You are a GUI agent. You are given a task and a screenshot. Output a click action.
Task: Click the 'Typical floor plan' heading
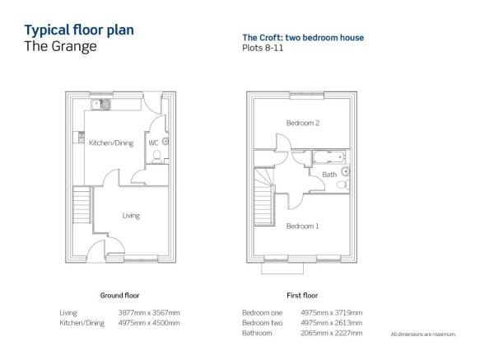79,30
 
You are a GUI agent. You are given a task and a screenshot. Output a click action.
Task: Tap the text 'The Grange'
61,47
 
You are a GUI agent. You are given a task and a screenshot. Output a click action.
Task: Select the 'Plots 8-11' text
263,48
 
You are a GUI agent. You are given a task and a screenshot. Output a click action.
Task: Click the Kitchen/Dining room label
111,143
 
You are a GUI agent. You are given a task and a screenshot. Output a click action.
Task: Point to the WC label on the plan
153,143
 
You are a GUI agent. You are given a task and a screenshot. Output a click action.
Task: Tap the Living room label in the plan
131,216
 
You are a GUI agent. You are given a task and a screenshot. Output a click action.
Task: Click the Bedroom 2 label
303,124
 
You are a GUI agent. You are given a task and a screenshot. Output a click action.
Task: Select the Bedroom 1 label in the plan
302,226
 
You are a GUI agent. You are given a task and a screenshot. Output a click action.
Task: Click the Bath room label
329,175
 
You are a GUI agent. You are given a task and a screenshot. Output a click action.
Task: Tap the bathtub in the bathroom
329,157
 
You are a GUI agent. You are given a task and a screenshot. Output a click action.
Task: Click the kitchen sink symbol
100,105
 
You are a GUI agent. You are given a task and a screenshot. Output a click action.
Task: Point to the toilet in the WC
157,157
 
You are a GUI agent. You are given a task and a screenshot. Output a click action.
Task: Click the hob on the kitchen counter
82,138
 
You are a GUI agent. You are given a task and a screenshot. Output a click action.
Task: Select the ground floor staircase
82,204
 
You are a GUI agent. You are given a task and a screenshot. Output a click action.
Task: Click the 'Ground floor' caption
119,296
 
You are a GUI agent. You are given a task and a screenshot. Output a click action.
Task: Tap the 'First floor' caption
302,296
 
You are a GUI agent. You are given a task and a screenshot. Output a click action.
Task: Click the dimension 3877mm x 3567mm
149,313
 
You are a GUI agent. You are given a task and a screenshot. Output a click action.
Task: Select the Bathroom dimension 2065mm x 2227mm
332,333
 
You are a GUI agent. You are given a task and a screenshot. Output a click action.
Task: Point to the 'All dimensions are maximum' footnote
423,334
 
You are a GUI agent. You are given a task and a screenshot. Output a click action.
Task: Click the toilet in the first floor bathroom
343,185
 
